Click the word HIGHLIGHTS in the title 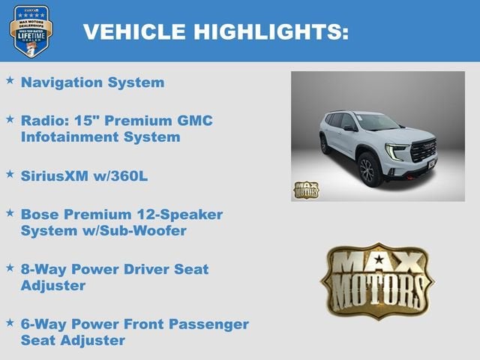[x=271, y=31]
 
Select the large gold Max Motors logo [x=377, y=281]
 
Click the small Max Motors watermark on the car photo [x=305, y=190]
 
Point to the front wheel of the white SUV [x=367, y=169]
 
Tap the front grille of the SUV [x=424, y=151]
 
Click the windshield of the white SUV [x=377, y=122]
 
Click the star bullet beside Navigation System [x=10, y=79]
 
